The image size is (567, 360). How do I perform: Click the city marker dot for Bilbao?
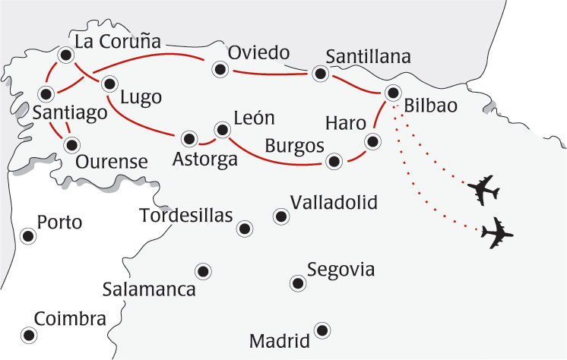point(392,93)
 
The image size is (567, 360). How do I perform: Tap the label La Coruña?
point(116,42)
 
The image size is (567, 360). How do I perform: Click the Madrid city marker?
point(322,330)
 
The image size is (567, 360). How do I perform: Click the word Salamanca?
point(149,289)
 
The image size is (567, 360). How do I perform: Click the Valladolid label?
point(334,202)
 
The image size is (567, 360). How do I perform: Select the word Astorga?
point(205,160)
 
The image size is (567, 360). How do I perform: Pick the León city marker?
point(221,129)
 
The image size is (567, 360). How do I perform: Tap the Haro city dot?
point(372,141)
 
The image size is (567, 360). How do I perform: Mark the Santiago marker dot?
point(47,95)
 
